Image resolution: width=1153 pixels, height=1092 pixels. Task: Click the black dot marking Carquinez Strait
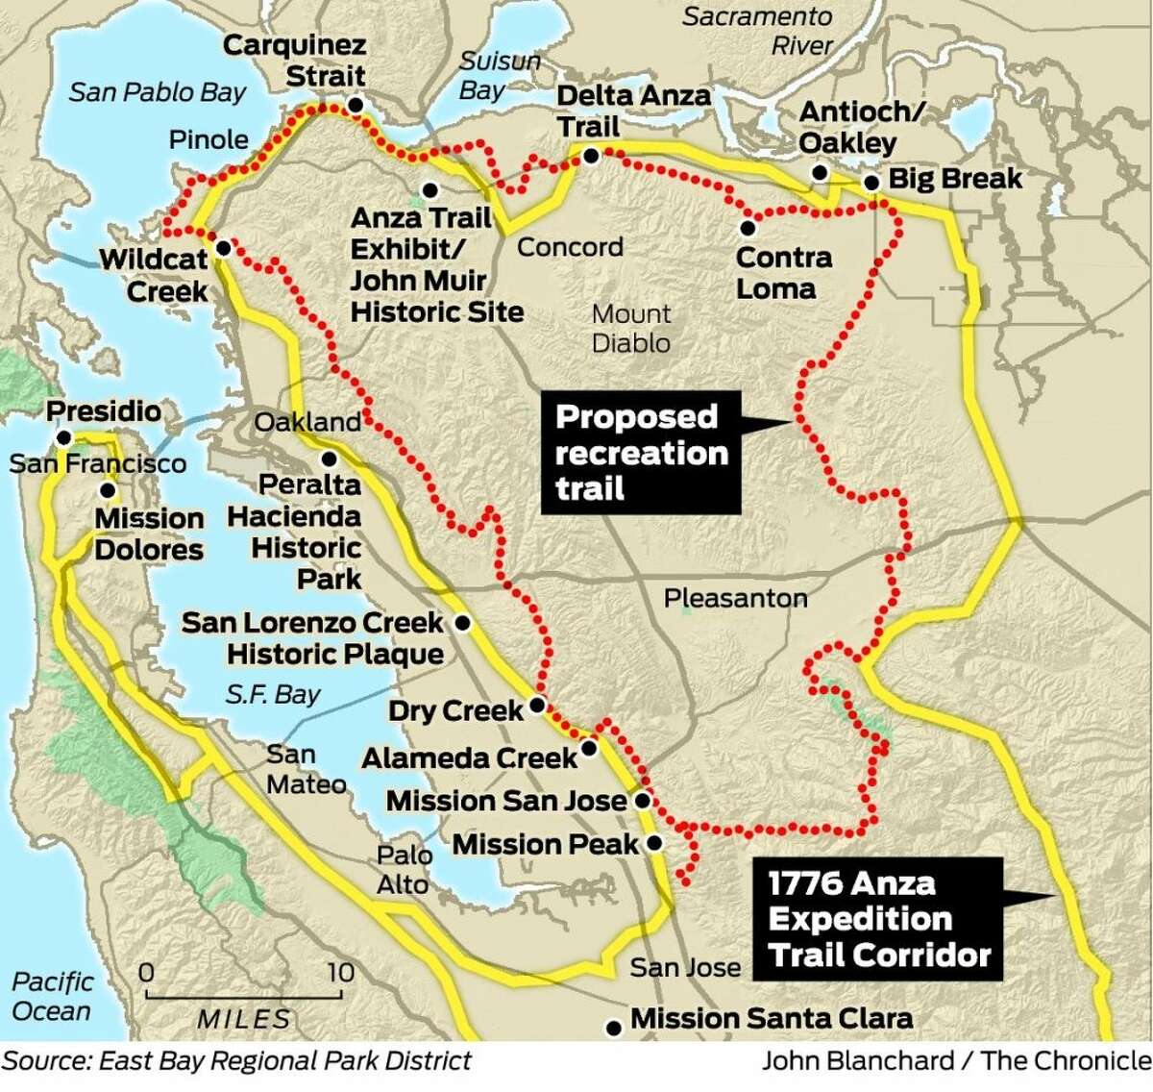tap(356, 105)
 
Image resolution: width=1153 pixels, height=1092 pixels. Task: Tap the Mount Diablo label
tap(631, 329)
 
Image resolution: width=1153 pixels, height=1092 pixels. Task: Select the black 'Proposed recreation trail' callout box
tap(641, 453)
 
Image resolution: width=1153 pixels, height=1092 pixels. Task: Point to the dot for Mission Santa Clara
tap(614, 1029)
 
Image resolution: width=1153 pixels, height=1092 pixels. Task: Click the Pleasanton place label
tap(735, 598)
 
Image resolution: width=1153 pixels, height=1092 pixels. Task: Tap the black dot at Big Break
tap(871, 183)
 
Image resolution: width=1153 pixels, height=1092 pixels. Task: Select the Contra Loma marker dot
tap(748, 229)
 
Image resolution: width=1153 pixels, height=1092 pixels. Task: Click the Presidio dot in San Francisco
tap(63, 438)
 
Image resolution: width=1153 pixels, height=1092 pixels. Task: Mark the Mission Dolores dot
tap(108, 490)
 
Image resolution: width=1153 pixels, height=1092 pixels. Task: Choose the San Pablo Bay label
tap(158, 92)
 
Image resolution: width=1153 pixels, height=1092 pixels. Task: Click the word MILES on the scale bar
tap(244, 1019)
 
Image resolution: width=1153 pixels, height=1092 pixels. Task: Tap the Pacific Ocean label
tap(52, 997)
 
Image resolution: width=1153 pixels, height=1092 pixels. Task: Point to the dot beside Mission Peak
tap(654, 844)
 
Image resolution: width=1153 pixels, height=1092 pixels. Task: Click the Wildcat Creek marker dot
tap(222, 248)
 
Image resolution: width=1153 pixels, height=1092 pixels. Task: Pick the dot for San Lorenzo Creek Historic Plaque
tap(462, 624)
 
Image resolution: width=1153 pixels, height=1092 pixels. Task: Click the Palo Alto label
tap(404, 869)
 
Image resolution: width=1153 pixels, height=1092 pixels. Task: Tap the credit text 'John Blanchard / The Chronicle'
tap(956, 1060)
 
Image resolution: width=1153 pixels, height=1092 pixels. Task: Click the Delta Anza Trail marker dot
tap(592, 155)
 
